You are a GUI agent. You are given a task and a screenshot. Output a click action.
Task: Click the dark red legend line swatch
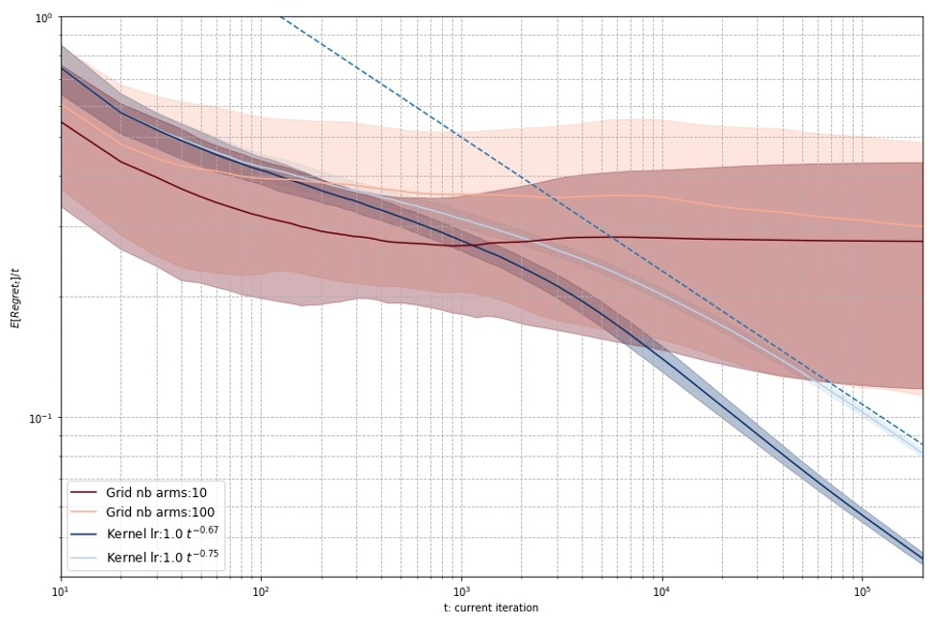point(84,492)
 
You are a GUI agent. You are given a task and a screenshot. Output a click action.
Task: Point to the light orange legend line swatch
point(84,512)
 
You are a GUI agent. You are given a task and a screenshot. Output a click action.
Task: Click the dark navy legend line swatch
point(84,533)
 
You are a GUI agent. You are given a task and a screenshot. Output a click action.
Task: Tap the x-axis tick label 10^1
point(61,588)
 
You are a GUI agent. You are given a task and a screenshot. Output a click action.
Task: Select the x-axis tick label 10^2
point(260,588)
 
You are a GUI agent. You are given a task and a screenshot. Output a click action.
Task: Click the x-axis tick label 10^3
point(460,588)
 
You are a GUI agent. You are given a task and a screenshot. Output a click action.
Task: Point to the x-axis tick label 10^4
point(660,588)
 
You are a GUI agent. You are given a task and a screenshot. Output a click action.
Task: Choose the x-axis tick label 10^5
point(861,588)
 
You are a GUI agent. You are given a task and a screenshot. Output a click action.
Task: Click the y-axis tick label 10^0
point(42,18)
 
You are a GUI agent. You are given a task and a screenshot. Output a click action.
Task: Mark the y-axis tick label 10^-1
point(40,419)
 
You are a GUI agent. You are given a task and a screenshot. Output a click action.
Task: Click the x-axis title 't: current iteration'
point(491,608)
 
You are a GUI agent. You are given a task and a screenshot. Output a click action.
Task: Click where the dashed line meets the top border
point(280,17)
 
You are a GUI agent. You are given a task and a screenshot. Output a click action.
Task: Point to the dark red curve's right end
point(921,242)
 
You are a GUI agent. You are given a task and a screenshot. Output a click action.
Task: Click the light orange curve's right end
point(921,226)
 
